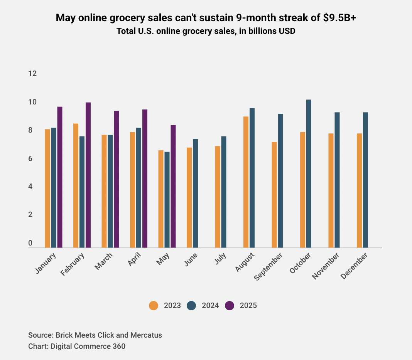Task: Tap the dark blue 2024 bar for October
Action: pos(309,173)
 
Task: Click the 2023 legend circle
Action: pos(154,306)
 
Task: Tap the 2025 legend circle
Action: pos(230,306)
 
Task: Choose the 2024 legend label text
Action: pos(210,306)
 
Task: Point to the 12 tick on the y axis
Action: pos(32,74)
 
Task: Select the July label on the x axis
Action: pos(219,259)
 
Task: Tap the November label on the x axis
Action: pos(326,266)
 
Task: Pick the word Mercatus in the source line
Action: pos(147,335)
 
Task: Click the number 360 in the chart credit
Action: pos(118,346)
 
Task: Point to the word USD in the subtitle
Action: pos(287,31)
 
